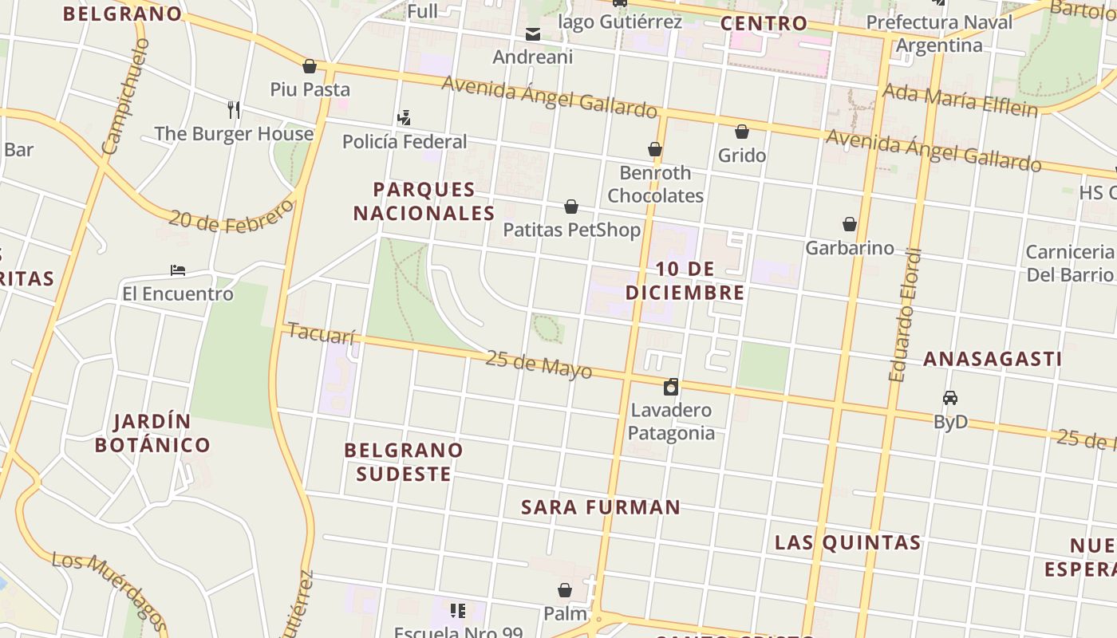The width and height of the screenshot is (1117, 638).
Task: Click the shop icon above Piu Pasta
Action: (310, 66)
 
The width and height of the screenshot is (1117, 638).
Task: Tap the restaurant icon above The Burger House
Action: (233, 109)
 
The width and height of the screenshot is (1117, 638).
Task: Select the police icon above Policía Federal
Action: (404, 118)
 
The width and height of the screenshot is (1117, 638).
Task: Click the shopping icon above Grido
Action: (742, 132)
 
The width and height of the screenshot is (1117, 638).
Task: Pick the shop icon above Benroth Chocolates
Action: (655, 149)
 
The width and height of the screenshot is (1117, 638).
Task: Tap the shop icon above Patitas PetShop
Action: (571, 207)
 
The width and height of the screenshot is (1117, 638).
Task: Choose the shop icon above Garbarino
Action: (850, 224)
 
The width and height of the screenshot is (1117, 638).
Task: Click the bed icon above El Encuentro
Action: (178, 270)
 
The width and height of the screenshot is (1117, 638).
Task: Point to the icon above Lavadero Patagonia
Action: (671, 388)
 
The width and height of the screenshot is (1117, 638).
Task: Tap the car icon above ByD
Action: (950, 397)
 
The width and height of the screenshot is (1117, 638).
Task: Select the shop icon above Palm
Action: (565, 590)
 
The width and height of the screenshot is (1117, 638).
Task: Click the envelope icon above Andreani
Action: (532, 34)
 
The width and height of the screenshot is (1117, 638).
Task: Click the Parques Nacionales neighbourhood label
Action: (424, 201)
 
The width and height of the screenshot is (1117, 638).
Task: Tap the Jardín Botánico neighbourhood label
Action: (152, 433)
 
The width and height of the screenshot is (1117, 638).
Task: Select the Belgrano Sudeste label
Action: (404, 462)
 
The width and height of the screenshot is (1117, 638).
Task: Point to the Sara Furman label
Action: (601, 507)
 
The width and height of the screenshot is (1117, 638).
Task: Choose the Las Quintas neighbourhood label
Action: (848, 543)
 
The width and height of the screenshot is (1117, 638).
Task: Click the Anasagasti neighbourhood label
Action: (993, 359)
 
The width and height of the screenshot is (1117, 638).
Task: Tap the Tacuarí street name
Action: (321, 333)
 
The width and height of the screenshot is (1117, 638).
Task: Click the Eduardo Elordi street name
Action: (904, 315)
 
